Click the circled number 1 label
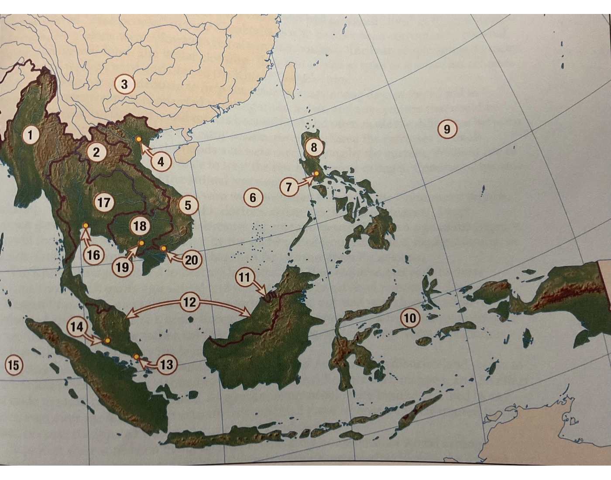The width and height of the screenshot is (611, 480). (30, 135)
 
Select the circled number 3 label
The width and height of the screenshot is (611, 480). (124, 84)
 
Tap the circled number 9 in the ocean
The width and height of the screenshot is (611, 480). (446, 129)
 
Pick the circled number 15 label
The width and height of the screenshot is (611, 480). (14, 364)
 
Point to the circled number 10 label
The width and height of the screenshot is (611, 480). (410, 318)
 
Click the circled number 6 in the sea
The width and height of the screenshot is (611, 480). (253, 198)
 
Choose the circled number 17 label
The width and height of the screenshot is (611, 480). (104, 202)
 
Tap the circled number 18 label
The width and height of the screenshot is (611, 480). (140, 226)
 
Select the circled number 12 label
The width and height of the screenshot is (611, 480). (189, 302)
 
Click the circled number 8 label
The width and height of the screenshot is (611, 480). (314, 147)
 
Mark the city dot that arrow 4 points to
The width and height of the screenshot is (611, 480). (139, 139)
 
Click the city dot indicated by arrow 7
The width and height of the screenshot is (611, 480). (316, 174)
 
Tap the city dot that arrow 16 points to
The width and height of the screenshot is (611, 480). (86, 226)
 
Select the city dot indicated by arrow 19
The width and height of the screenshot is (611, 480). (141, 243)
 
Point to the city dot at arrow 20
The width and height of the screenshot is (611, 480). (164, 248)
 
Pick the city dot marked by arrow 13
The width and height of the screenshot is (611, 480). (137, 357)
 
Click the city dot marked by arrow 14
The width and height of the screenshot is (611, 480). (107, 340)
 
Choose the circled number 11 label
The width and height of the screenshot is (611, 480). (244, 277)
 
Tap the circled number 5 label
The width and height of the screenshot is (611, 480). (188, 205)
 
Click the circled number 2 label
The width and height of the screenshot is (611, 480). (96, 152)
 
